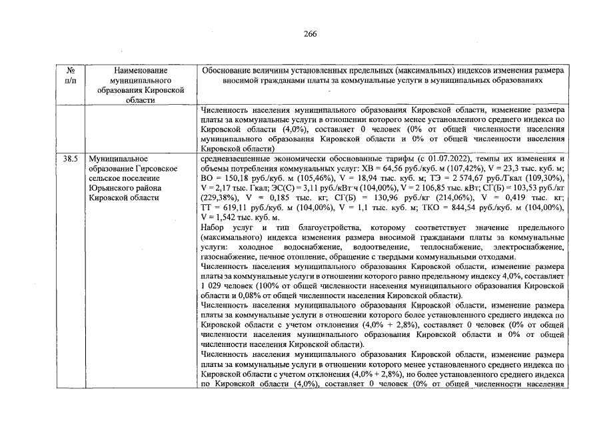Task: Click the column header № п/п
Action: point(70,75)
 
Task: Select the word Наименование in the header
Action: point(140,70)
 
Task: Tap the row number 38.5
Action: point(70,159)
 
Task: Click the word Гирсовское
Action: point(155,169)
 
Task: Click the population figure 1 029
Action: point(212,286)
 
